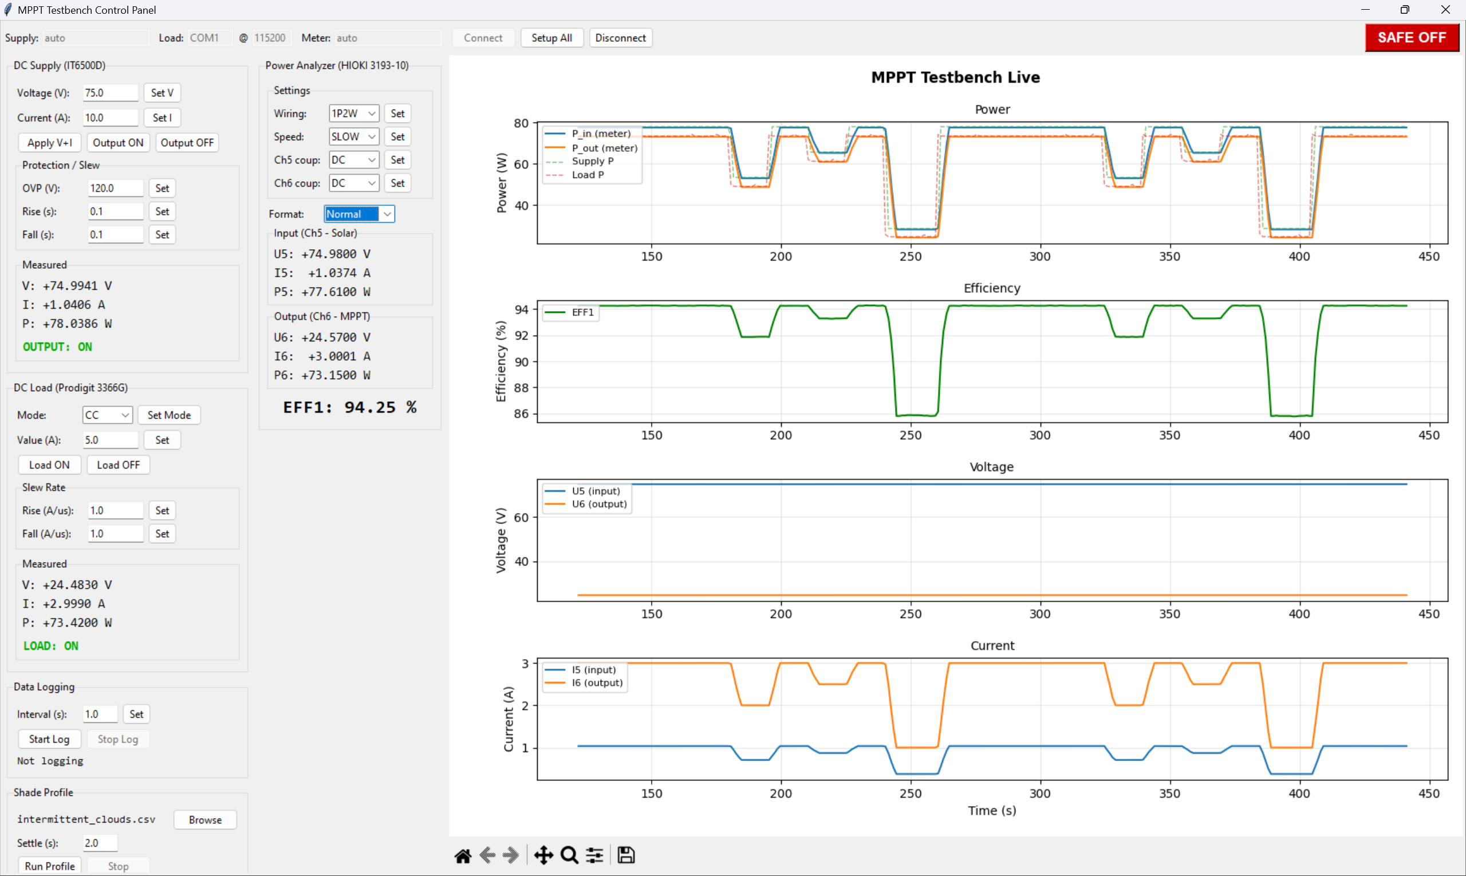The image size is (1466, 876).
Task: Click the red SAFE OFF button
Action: tap(1411, 38)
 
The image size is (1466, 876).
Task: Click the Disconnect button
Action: tap(620, 38)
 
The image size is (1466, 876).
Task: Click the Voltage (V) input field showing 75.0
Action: tap(110, 93)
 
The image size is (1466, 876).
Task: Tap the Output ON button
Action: tap(118, 143)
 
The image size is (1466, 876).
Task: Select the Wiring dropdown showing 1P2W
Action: tap(353, 113)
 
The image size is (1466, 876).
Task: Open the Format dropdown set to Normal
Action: tap(358, 214)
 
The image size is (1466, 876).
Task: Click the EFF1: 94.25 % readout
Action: tap(350, 407)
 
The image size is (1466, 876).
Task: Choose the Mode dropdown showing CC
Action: tap(107, 415)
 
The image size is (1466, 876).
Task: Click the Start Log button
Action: tap(49, 739)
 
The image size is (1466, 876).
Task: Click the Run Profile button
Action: tap(50, 866)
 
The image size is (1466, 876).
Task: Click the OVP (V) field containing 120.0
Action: tap(115, 188)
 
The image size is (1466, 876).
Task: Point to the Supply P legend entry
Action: tap(592, 161)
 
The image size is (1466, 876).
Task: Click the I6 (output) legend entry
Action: tap(597, 683)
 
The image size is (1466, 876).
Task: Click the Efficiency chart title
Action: tap(992, 288)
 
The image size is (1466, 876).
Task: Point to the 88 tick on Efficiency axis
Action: tap(522, 388)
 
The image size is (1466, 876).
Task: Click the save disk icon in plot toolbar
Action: tap(626, 855)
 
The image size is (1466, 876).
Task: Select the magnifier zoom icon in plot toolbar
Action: tap(569, 855)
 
